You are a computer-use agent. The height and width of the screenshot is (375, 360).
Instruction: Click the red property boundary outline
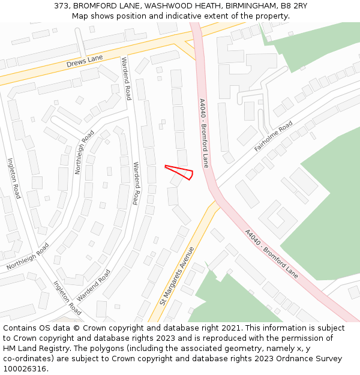(180, 172)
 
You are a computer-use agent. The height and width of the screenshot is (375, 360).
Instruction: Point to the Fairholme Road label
(273, 136)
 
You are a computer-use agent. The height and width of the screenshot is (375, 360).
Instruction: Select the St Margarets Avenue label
(177, 275)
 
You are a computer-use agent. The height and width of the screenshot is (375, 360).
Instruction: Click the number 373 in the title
(61, 5)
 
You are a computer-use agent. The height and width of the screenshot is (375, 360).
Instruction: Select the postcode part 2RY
(298, 5)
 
